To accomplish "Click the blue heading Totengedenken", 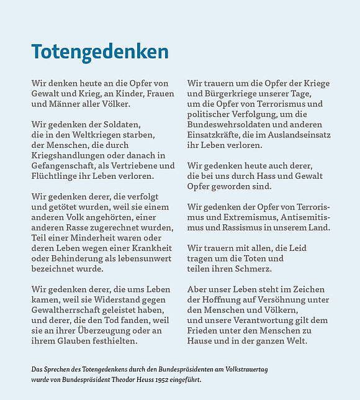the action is [100, 52].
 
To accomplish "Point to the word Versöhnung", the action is [280, 299].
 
